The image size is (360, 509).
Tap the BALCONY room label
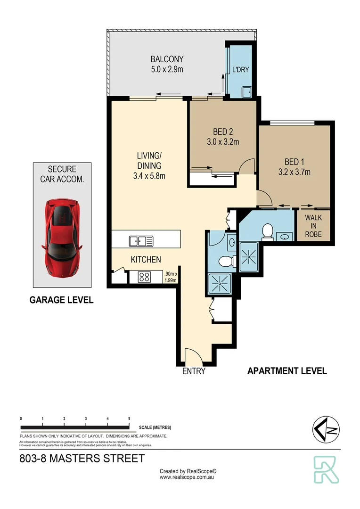point(167,59)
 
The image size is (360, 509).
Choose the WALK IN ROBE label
point(313,226)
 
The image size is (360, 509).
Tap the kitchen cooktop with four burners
point(144,277)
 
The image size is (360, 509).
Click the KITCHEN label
point(146,259)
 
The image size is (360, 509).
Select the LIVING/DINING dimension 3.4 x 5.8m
point(149,176)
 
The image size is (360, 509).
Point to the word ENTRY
point(194,371)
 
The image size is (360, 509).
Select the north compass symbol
point(326,430)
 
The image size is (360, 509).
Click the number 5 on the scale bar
point(129,419)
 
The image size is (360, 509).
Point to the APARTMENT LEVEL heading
point(287,371)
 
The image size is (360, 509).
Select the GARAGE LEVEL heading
point(61,300)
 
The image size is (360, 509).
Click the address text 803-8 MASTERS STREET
point(82,458)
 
